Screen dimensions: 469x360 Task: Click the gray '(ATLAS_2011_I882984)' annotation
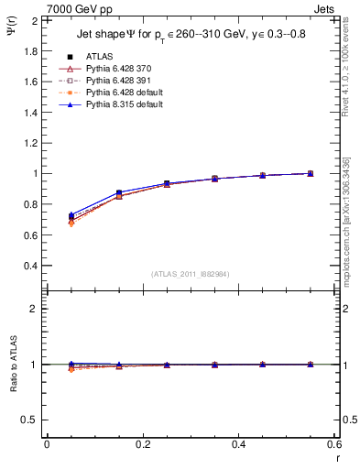190,274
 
